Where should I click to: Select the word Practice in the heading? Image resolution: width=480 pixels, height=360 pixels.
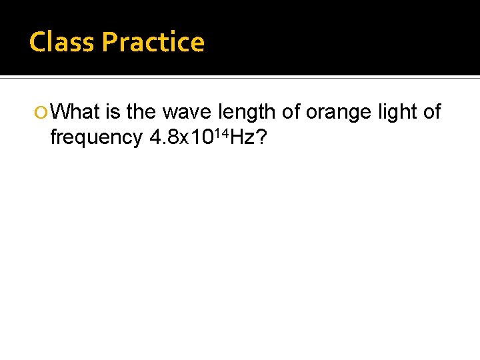pos(153,42)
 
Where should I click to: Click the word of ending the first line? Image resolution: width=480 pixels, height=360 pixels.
pos(432,112)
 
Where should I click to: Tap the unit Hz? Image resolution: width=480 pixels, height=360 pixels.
pos(243,137)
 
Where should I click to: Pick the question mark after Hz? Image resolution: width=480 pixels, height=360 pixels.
pos(262,137)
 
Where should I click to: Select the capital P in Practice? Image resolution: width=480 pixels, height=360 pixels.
pos(109,42)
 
